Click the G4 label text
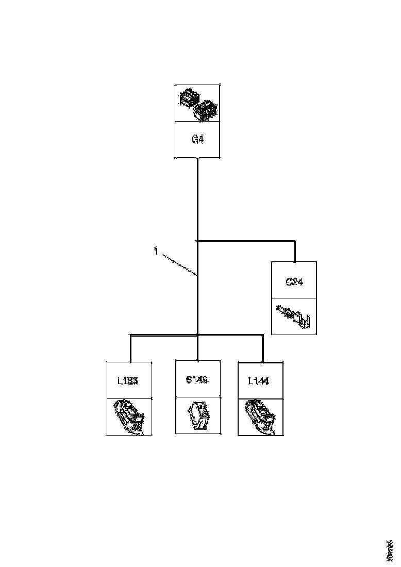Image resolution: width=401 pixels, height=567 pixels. click(x=198, y=139)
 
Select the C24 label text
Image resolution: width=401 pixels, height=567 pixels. click(x=294, y=281)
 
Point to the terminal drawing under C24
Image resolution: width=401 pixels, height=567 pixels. click(x=294, y=315)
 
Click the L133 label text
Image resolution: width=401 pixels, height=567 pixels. click(x=129, y=381)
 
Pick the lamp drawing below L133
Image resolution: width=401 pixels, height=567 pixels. click(x=129, y=416)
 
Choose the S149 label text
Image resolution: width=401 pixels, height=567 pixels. click(x=198, y=380)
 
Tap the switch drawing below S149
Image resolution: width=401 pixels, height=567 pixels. click(x=198, y=415)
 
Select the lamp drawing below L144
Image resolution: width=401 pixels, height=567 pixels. click(x=260, y=416)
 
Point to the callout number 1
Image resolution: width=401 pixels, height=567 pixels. click(x=155, y=252)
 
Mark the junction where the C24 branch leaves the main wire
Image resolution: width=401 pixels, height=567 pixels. click(x=198, y=240)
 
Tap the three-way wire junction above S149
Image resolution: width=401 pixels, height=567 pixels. click(x=198, y=335)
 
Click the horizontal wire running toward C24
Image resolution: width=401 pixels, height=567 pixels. click(x=247, y=240)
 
